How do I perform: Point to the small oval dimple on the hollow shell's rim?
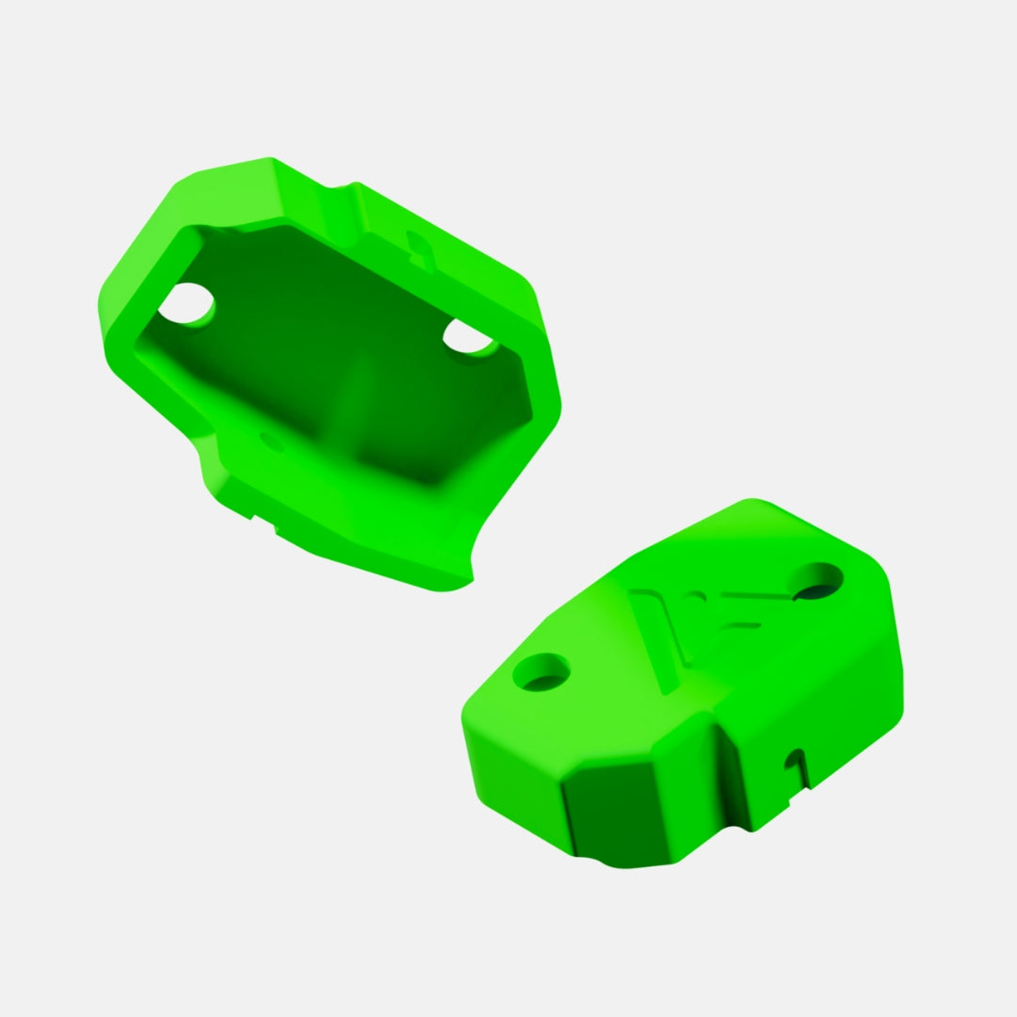[272, 441]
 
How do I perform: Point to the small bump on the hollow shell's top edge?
[354, 185]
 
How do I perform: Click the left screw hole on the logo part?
[541, 671]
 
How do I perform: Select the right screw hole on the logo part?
[816, 580]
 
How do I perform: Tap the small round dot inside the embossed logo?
[695, 596]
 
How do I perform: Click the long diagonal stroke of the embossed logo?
[659, 640]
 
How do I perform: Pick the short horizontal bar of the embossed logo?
[744, 624]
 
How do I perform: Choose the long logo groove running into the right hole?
[753, 596]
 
